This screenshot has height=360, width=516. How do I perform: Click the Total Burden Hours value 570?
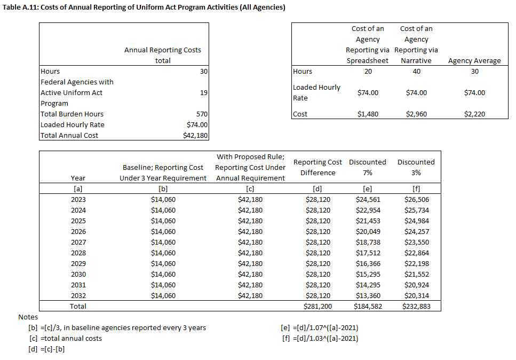(x=202, y=114)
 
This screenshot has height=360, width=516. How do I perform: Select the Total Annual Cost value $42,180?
(x=195, y=135)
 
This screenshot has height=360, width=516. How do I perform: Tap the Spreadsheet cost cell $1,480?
(x=368, y=114)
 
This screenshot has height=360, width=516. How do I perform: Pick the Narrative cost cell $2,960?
(x=416, y=114)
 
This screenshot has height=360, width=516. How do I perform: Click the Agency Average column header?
(x=474, y=61)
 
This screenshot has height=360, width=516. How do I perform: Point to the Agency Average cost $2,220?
(x=474, y=114)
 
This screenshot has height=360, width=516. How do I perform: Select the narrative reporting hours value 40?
(x=416, y=72)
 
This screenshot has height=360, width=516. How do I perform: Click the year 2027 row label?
(x=78, y=242)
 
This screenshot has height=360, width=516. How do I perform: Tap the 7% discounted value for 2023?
(x=368, y=199)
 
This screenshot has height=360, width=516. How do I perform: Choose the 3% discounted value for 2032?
(x=416, y=295)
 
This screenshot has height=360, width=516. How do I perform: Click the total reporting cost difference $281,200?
(x=317, y=306)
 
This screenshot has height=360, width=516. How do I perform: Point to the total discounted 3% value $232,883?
(x=416, y=306)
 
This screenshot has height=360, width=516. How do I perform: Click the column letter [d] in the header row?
(x=317, y=189)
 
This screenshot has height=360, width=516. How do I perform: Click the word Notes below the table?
(x=28, y=317)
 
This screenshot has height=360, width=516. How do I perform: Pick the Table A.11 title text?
(x=144, y=7)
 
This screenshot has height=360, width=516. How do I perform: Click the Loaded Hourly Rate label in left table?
(x=73, y=124)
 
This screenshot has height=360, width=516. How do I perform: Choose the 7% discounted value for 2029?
(x=368, y=263)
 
